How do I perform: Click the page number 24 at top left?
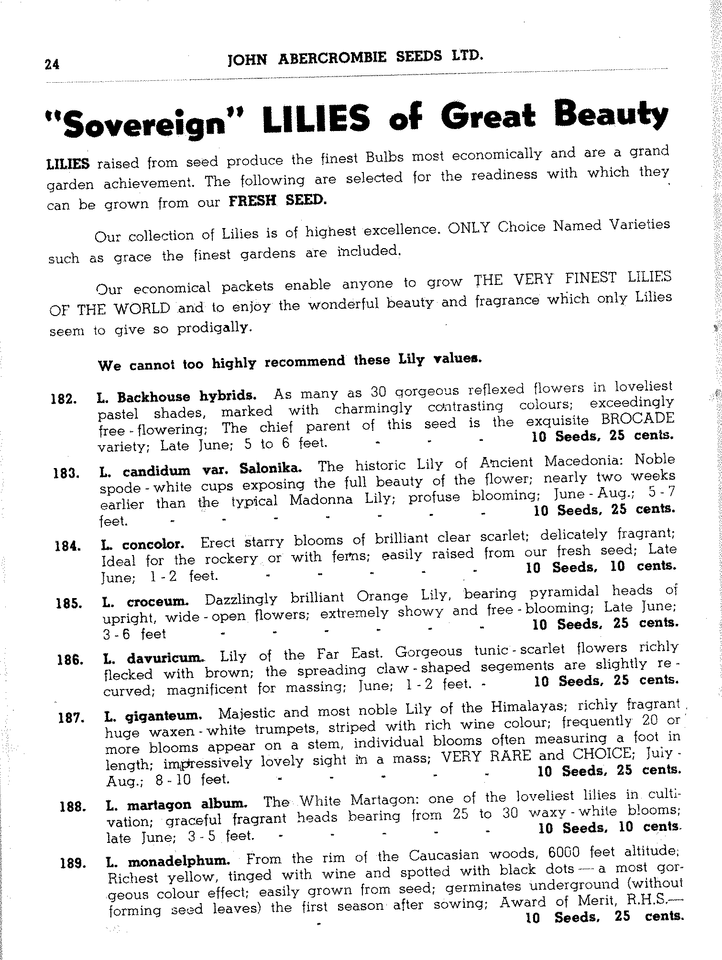click(52, 64)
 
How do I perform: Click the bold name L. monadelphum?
click(168, 862)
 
